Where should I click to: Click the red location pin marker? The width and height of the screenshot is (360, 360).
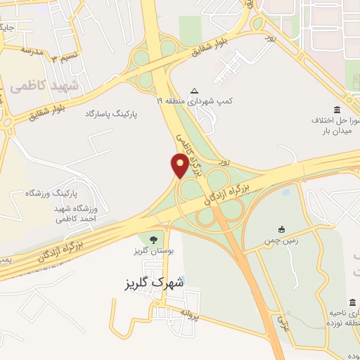click(x=180, y=165)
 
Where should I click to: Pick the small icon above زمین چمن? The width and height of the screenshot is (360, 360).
click(x=281, y=229)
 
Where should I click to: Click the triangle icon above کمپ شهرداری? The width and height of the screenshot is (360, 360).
click(x=195, y=91)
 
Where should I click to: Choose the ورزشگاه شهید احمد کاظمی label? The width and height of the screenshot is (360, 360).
click(x=80, y=214)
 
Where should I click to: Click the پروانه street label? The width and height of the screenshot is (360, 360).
click(x=189, y=314)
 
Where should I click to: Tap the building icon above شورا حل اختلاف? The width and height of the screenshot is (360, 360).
click(x=338, y=110)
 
